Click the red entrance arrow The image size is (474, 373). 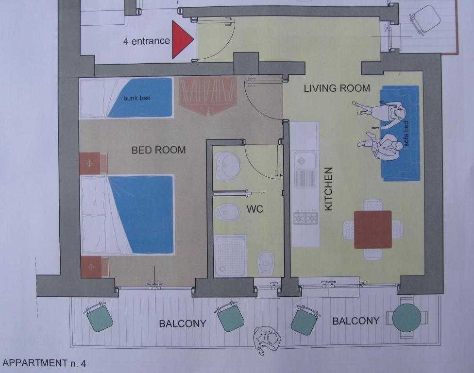click(x=181, y=39)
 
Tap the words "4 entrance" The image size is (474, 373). click(x=146, y=41)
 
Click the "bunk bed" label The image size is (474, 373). click(x=136, y=98)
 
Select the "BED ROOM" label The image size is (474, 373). click(x=158, y=150)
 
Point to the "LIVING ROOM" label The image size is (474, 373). click(x=337, y=88)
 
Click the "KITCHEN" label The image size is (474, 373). click(x=328, y=189)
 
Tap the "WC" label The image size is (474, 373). click(x=254, y=209)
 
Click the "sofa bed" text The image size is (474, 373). click(x=406, y=134)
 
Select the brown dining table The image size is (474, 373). click(x=372, y=230)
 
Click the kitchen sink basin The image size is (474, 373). click(x=305, y=160)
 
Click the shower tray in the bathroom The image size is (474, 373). click(x=230, y=256)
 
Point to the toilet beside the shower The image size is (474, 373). click(x=266, y=262)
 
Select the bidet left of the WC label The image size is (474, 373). click(x=227, y=212)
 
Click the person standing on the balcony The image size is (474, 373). click(x=267, y=339)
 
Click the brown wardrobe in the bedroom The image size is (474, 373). click(x=208, y=95)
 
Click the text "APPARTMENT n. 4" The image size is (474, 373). click(x=44, y=363)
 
